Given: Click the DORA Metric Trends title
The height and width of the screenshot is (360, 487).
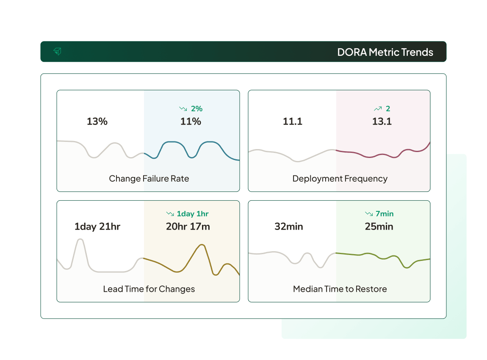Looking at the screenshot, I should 385,52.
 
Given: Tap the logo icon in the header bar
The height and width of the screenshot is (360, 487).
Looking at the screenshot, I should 57,52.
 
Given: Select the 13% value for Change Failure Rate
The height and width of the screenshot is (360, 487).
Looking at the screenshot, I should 97,122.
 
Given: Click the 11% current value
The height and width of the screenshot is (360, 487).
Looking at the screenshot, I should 191,122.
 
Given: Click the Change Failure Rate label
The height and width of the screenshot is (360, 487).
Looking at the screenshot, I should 149,178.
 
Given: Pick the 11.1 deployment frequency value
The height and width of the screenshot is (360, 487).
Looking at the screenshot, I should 293,122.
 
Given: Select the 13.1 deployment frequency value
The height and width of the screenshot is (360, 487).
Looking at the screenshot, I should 382,122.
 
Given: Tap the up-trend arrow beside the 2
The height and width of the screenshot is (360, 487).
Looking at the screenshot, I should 378,109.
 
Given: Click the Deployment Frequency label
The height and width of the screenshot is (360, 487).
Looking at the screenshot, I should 340,178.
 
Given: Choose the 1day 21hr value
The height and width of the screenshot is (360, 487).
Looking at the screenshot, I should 97,227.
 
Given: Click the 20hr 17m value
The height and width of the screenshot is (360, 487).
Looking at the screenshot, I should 188,227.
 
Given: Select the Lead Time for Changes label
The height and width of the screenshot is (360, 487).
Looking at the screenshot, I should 149,289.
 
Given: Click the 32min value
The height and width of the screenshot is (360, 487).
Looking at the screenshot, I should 289,227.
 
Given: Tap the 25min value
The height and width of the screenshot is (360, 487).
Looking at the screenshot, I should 379,227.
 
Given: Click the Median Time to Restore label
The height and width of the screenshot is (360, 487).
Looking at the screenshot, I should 340,289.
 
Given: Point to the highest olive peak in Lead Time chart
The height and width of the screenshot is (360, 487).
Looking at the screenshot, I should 202,245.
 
